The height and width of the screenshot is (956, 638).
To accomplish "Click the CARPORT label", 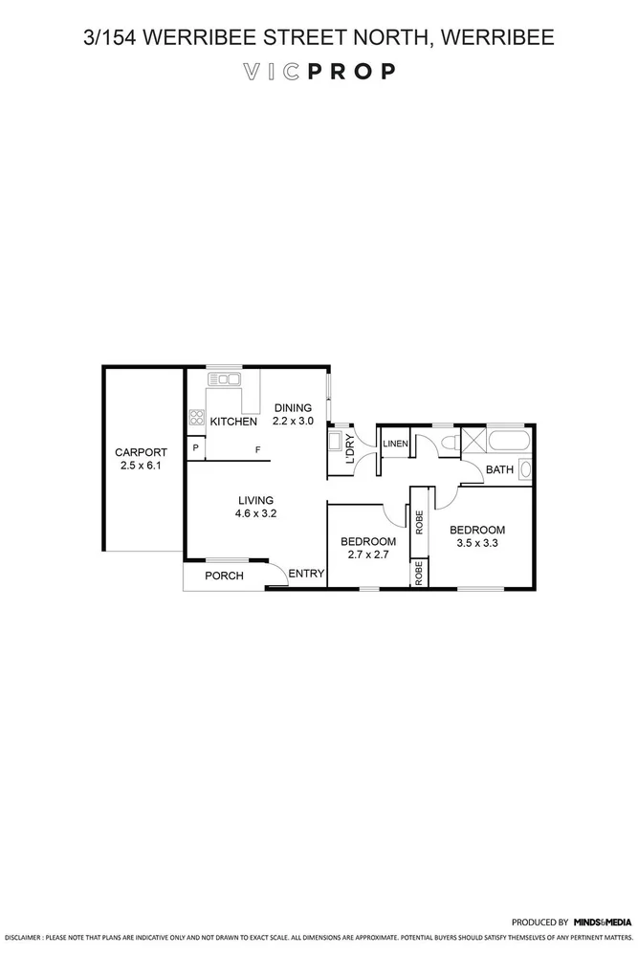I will click(x=141, y=452).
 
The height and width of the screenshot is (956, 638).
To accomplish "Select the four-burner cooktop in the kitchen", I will click(x=196, y=417).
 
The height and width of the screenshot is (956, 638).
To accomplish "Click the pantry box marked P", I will click(x=195, y=448).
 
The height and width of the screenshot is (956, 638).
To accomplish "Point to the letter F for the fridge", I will click(x=256, y=450).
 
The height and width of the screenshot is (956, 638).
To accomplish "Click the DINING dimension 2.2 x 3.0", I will click(x=293, y=421).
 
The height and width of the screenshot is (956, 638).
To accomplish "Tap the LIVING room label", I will click(x=255, y=499).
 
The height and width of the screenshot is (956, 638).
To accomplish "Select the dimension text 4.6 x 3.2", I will click(x=255, y=513).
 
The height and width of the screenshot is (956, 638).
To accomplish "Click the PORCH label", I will click(x=224, y=576).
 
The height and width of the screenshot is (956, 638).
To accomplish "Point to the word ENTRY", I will click(x=306, y=574).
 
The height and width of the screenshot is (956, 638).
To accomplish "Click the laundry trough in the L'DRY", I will click(x=336, y=442).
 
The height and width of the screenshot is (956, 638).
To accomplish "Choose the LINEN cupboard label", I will click(x=395, y=445).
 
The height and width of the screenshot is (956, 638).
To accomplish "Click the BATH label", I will click(x=499, y=469).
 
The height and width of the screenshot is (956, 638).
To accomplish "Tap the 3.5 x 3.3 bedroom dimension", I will click(x=477, y=544).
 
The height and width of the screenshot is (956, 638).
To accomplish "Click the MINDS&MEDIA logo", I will click(x=603, y=923).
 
